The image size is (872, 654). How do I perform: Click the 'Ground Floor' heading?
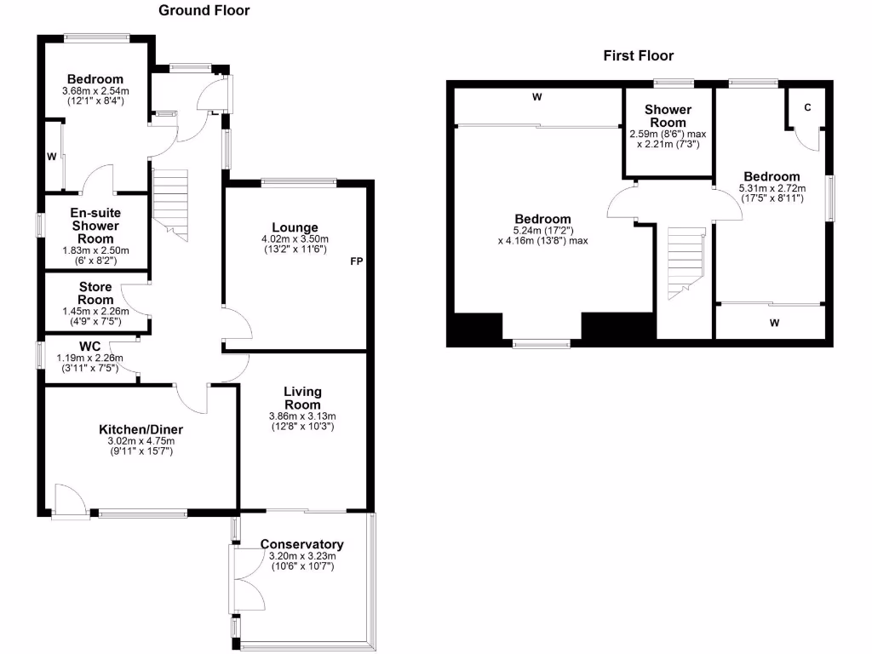[x=204, y=10]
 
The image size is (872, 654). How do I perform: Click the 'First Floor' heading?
[x=639, y=56]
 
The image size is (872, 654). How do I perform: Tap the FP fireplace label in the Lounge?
[x=357, y=262]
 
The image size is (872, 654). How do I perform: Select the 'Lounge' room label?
[x=295, y=227]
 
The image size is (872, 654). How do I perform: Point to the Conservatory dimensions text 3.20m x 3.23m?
[x=303, y=557]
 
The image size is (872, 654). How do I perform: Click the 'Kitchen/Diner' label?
[x=141, y=429]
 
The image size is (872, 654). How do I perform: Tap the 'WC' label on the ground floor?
[x=91, y=347]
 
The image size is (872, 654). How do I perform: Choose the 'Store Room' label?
[x=95, y=294]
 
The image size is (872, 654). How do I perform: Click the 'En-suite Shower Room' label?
[x=95, y=226]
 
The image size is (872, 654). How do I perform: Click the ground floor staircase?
[x=171, y=203]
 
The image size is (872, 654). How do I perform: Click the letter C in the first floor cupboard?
[x=806, y=108]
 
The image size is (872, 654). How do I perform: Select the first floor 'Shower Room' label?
[x=668, y=116]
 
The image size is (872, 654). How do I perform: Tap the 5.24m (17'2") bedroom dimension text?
[x=543, y=230]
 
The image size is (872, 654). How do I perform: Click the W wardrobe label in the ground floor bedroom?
[x=52, y=157]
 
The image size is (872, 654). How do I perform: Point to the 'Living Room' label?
[x=303, y=398]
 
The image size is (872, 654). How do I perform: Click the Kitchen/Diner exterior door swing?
[x=68, y=499]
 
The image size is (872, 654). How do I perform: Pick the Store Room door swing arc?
[x=135, y=300]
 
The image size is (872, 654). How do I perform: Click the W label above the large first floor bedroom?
[x=537, y=97]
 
